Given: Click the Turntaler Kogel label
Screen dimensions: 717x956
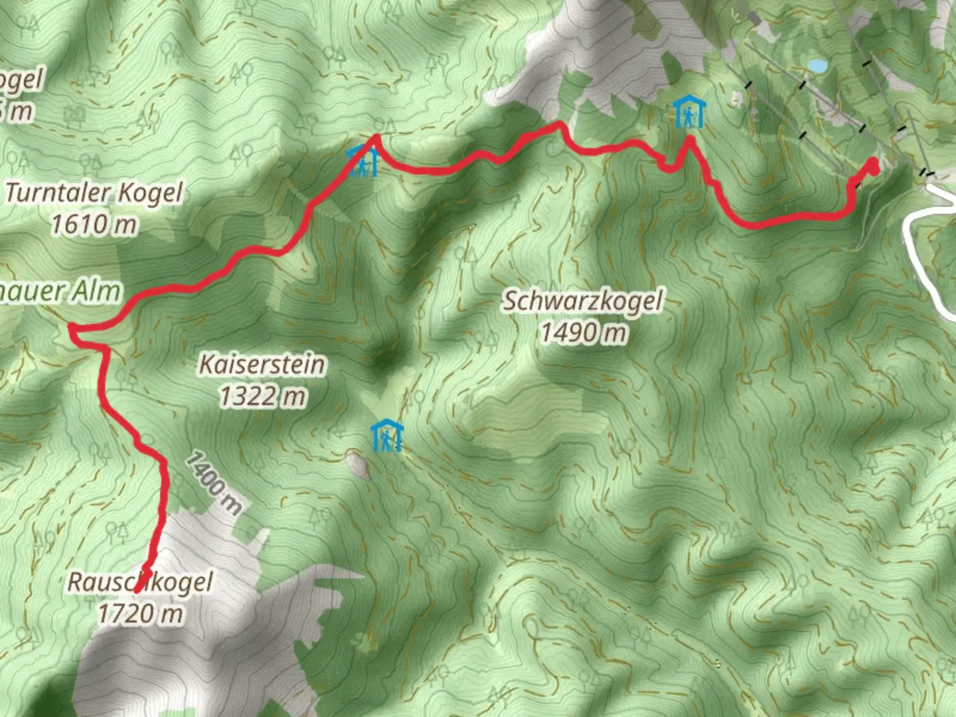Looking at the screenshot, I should point(94,193).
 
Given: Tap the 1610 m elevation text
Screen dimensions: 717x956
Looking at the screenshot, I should point(94,225).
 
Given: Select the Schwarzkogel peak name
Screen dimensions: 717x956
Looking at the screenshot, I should point(582,301).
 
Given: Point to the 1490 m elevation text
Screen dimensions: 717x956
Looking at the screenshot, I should point(582,332).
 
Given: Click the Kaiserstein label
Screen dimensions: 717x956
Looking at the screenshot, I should point(263,364).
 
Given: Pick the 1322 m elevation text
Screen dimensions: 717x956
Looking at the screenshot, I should point(263,396).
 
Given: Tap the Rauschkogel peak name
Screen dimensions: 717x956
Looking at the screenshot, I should point(140,582).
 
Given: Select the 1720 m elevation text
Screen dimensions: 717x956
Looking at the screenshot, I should point(140,613).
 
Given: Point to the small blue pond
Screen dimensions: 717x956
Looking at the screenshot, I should point(817,66).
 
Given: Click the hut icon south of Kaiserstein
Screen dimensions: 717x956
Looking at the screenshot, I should point(386,436).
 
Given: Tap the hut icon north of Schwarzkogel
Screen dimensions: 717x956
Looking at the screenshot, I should point(688,112).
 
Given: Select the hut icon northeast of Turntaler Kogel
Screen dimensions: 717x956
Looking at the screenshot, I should point(362,161).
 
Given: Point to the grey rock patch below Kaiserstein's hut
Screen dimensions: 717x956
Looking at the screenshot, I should point(357,464).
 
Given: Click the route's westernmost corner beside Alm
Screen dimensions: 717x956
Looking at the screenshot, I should point(71,327).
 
